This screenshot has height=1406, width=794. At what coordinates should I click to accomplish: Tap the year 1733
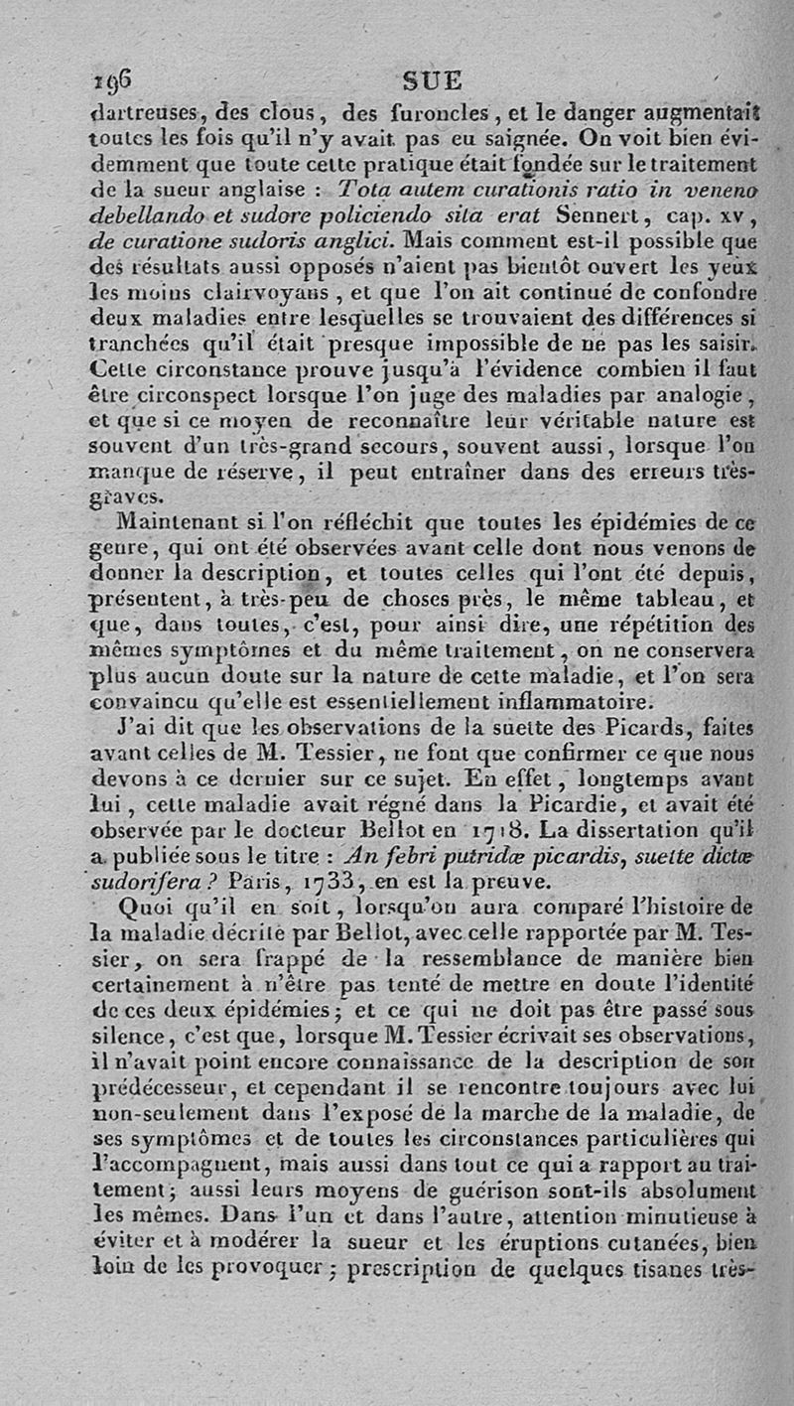(x=304, y=882)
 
